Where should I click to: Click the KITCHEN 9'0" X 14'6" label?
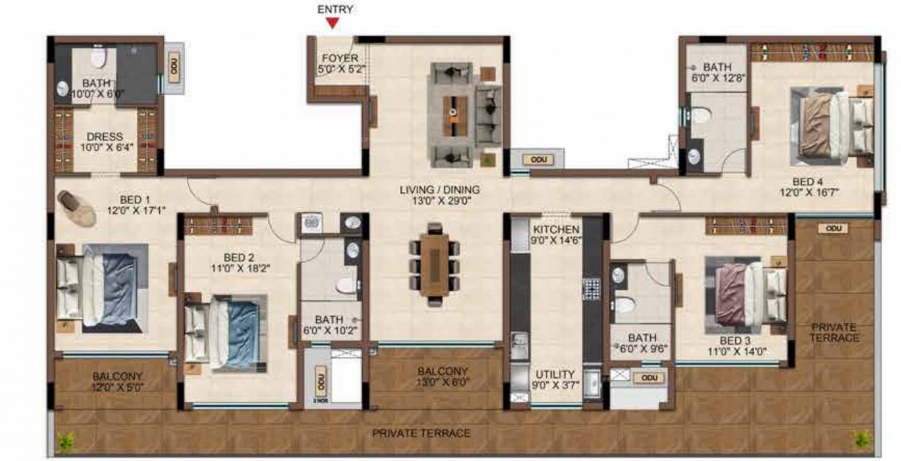pyautogui.click(x=556, y=235)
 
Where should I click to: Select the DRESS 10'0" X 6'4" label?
pyautogui.click(x=105, y=142)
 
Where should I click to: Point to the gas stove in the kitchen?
pyautogui.click(x=591, y=289)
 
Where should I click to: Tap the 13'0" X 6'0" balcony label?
pyautogui.click(x=442, y=377)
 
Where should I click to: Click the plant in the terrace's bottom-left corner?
pyautogui.click(x=66, y=441)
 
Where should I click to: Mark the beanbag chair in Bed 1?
pyautogui.click(x=76, y=207)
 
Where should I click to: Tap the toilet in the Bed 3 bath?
pyautogui.click(x=624, y=305)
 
